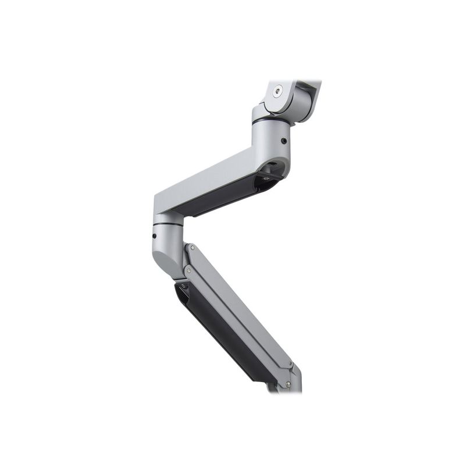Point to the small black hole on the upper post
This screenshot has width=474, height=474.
[x=283, y=141]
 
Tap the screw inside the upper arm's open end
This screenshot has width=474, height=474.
[x=266, y=179]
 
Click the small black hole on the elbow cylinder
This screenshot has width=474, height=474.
[x=154, y=236]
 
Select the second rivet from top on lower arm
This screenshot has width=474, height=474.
[x=188, y=270]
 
